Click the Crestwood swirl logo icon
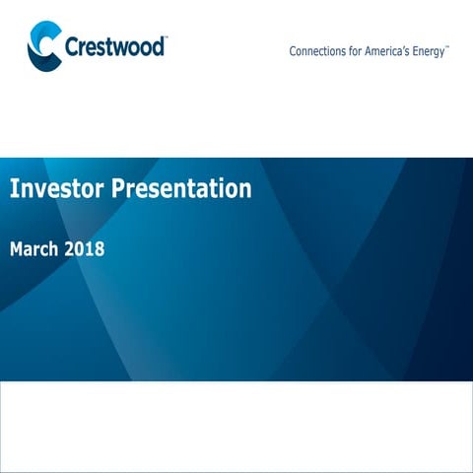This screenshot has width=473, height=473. tap(43, 47)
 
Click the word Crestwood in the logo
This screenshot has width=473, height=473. tap(114, 46)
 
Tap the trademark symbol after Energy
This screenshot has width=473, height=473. tap(448, 46)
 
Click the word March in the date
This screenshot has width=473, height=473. tap(34, 249)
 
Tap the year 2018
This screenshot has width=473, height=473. tap(85, 249)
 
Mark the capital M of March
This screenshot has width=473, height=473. tap(17, 249)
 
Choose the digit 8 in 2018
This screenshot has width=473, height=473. tap(99, 249)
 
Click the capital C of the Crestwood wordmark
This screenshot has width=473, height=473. tap(72, 46)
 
